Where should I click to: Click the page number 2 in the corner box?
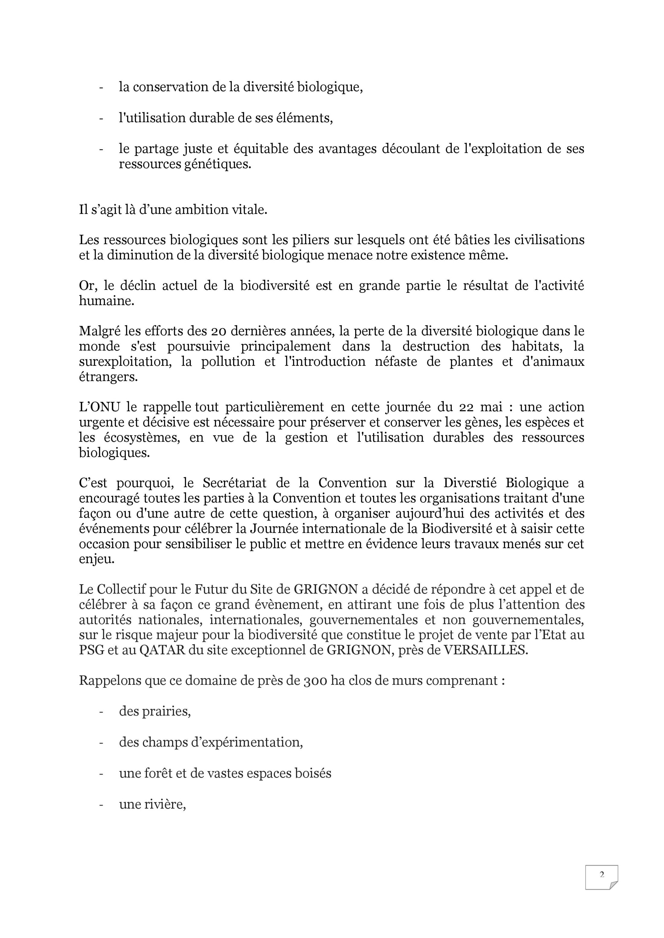pos(602,875)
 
